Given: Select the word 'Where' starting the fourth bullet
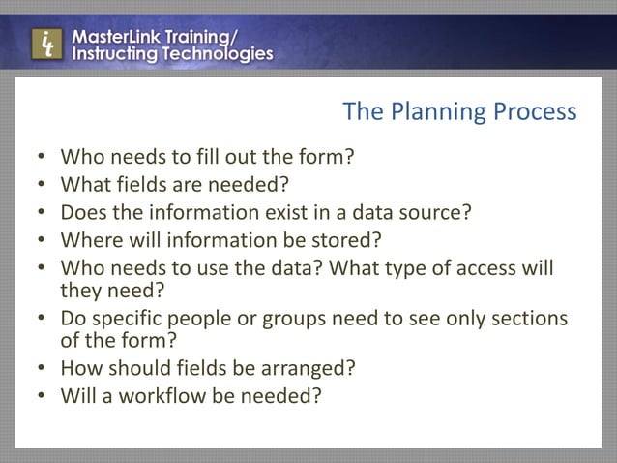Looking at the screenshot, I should point(87,238).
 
